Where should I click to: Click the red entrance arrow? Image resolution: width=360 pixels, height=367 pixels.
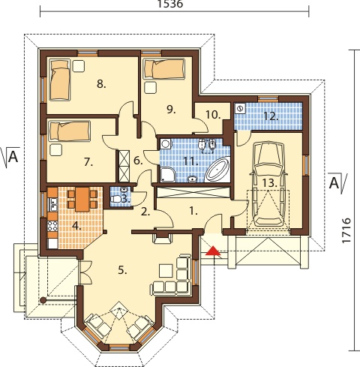[x=213, y=251]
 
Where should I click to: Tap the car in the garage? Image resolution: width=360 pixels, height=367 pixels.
[x=268, y=185]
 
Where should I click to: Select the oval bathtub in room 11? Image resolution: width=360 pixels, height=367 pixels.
[x=217, y=170]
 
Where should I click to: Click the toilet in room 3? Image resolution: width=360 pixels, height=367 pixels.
[x=116, y=199]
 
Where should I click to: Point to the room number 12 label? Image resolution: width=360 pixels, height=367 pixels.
[x=271, y=116]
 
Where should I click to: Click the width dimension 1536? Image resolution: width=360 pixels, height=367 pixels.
[x=170, y=4]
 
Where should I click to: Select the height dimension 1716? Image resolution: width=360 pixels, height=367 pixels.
[x=346, y=230]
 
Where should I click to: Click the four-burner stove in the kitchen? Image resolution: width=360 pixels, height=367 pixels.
[x=52, y=226]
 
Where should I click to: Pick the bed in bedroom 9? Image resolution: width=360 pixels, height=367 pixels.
[x=164, y=68]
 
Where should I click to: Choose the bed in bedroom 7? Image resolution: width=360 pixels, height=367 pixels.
[x=70, y=131]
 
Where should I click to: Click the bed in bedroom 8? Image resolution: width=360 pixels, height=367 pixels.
[x=60, y=80]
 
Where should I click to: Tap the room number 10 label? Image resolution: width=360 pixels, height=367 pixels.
[x=213, y=115]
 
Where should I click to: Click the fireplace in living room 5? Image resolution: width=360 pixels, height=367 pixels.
[x=163, y=237]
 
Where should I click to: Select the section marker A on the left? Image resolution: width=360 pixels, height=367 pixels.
[x=11, y=157]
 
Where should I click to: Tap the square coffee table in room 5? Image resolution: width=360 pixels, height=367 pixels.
[x=166, y=271]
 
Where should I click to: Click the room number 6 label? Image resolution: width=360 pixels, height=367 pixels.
[x=138, y=161]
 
